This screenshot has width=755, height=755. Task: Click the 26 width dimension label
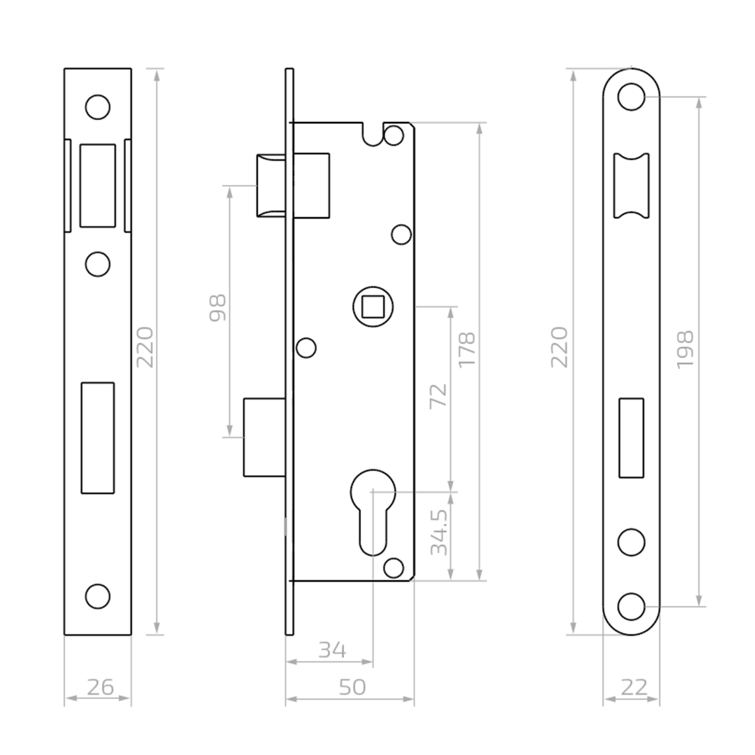coord(99,686)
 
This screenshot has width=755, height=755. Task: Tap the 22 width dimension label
coord(633,686)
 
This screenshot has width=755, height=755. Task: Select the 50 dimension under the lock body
coord(352,686)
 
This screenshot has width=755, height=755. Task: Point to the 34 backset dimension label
coord(332,649)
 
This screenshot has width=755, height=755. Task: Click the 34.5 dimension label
coord(439,532)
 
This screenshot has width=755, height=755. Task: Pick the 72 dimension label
coord(439,395)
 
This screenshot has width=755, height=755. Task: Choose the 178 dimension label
coord(467,350)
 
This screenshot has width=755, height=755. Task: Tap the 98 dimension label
coord(217,308)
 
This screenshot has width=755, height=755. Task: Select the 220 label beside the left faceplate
coord(145,347)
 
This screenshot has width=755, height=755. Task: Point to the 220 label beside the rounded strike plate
coord(559,347)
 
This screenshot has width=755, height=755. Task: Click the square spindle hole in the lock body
coord(373,307)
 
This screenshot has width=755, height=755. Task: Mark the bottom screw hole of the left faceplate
coord(98,596)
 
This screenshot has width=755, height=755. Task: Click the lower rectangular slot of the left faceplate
coord(98,438)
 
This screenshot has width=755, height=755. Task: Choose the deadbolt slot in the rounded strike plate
coord(632,438)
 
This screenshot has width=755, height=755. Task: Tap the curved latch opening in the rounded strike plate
coord(632,185)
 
